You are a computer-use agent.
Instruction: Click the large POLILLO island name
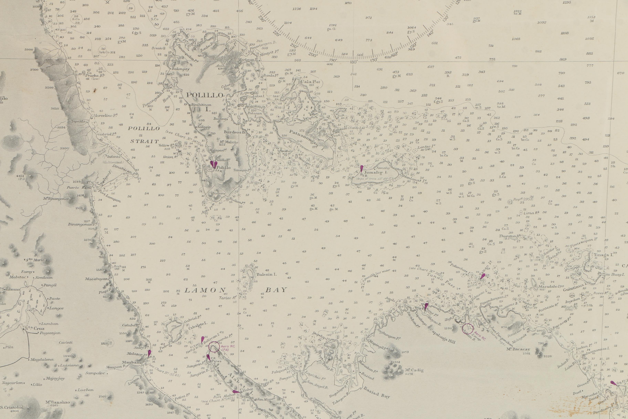click(205, 95)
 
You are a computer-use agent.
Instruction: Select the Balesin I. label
click(266, 274)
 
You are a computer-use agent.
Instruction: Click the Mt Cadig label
click(414, 370)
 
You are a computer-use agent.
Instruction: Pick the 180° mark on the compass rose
click(354, 62)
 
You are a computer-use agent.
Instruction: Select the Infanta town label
click(113, 157)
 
